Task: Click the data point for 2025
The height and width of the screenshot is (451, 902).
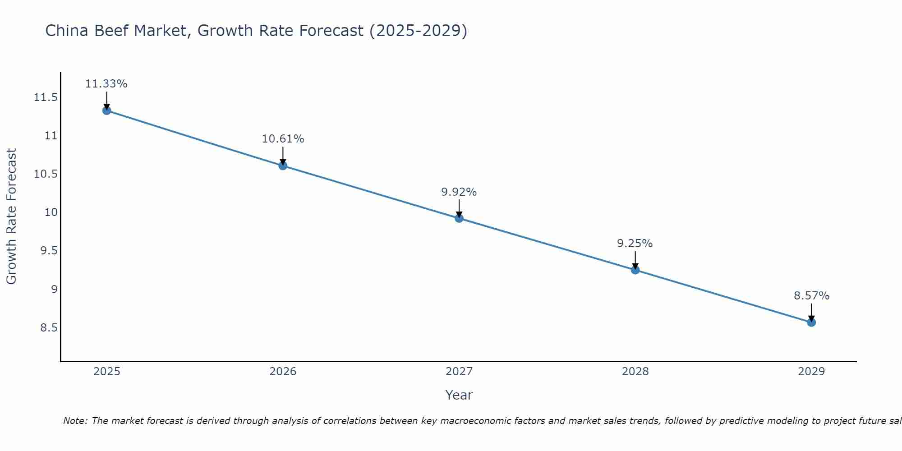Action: click(x=106, y=110)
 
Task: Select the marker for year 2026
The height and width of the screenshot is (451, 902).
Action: click(x=283, y=166)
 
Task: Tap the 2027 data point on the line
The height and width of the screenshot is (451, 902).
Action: click(x=459, y=218)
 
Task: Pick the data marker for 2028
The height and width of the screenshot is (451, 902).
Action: click(x=635, y=270)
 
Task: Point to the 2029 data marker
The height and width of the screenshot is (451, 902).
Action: click(x=811, y=322)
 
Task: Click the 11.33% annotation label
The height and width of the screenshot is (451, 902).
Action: click(x=106, y=84)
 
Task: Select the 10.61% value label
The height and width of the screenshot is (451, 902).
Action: click(x=283, y=139)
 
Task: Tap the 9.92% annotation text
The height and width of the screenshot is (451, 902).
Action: click(x=459, y=192)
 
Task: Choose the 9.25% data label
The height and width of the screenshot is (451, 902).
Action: click(x=635, y=244)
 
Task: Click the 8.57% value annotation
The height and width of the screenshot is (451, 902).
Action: click(x=811, y=296)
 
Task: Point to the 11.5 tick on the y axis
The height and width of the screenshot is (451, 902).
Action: click(x=46, y=97)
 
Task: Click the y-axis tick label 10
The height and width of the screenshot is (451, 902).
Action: click(x=51, y=212)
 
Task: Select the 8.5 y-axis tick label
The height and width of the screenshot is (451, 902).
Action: click(x=49, y=327)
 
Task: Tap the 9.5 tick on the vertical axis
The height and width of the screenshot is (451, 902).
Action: click(x=49, y=251)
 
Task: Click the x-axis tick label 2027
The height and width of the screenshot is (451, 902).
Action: click(x=459, y=372)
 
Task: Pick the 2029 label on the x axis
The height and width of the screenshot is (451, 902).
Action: click(x=811, y=372)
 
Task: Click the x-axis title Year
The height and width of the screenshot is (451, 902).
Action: click(x=459, y=395)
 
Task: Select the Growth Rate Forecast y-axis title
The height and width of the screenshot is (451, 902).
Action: click(x=11, y=216)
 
